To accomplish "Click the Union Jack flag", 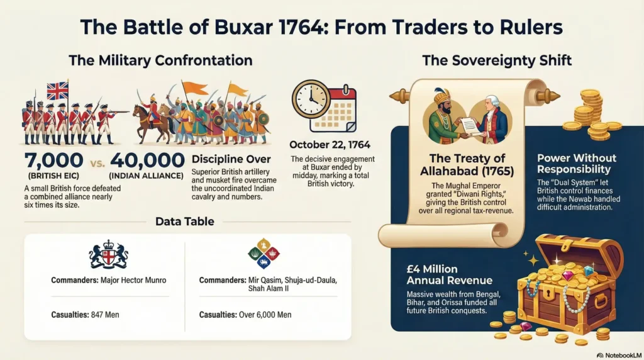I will click(57, 91).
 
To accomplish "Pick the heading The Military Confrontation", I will click(160, 61).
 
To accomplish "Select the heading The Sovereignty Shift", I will click(497, 61).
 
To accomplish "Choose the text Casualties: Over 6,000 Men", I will click(245, 313).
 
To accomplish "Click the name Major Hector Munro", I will click(135, 280).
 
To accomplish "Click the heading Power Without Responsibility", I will click(577, 164).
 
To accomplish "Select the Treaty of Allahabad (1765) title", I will click(467, 164).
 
